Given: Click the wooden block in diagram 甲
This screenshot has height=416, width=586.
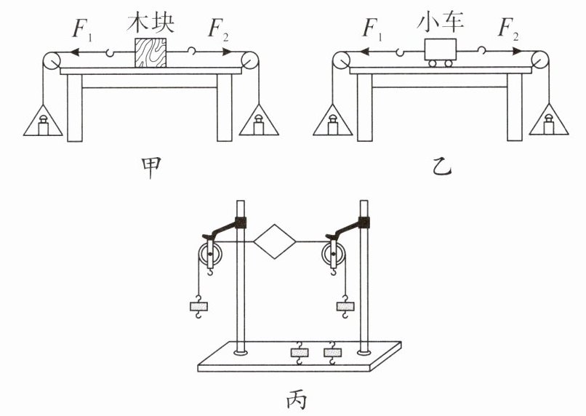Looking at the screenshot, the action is (150, 52).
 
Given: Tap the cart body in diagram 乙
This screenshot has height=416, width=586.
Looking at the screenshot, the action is (441, 49).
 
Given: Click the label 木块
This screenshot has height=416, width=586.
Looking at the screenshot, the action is (150, 23).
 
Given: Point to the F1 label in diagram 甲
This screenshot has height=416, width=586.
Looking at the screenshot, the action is (82, 28).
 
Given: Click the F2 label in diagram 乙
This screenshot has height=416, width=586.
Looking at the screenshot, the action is (508, 28).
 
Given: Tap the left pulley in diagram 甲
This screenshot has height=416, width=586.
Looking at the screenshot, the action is (50, 60).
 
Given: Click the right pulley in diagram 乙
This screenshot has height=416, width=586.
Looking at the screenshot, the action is (539, 60).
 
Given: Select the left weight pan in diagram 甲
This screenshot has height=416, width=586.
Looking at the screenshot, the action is (43, 120).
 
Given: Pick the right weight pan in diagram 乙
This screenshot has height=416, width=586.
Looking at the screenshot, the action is (549, 119).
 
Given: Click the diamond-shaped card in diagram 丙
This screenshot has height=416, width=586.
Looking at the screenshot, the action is (275, 241).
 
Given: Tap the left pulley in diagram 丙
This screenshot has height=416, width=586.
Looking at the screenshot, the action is (210, 254).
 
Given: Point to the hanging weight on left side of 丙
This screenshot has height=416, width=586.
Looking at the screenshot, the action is (198, 306).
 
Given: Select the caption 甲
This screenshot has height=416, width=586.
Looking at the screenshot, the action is (150, 167).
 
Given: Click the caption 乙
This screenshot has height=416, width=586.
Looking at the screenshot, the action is (442, 167).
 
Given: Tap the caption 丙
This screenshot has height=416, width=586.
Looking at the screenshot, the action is (297, 400).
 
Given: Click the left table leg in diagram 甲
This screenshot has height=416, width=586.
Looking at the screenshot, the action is (75, 108).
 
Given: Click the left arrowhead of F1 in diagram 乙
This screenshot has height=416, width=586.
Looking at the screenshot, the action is (364, 52).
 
